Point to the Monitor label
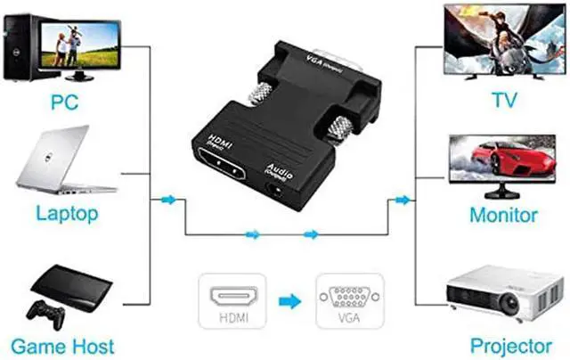[503, 215]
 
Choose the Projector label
[504, 345]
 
